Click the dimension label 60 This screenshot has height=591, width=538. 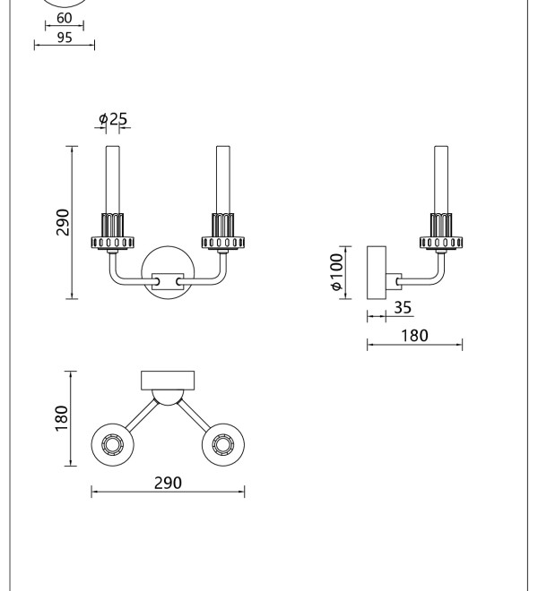(x=65, y=18)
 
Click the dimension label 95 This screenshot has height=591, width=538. (x=65, y=38)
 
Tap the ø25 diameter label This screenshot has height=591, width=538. (x=113, y=119)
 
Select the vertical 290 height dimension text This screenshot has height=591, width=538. (x=63, y=222)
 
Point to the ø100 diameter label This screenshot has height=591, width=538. (x=336, y=271)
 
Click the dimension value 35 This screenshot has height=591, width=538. (x=403, y=307)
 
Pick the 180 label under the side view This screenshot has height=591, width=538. (x=414, y=336)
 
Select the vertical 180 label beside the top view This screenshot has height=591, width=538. (x=61, y=418)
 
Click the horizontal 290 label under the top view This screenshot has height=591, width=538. (x=168, y=483)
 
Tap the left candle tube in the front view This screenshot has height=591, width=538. (x=112, y=180)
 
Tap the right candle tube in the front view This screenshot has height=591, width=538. (x=222, y=180)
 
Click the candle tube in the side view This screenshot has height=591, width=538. (x=441, y=180)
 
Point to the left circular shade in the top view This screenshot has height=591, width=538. (x=112, y=445)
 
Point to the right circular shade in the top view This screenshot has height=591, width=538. (x=223, y=445)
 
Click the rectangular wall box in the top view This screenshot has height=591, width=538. (x=168, y=381)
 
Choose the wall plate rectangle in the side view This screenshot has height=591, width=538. (x=377, y=273)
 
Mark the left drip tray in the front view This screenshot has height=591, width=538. (x=112, y=243)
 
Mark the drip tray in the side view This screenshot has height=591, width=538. (x=441, y=243)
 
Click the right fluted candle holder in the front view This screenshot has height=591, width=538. (x=222, y=225)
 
